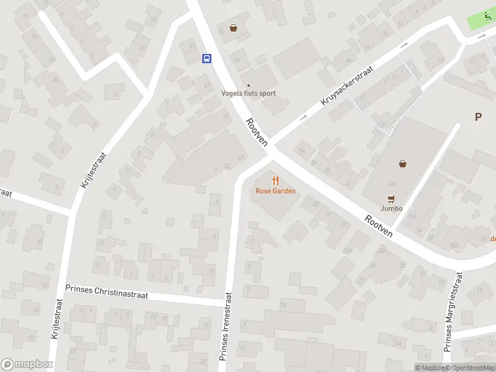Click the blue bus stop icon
tap(206, 58)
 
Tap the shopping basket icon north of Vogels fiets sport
tap(234, 27)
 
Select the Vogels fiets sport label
tap(249, 94)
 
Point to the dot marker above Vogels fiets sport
tap(249, 86)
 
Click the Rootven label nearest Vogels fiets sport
tap(257, 132)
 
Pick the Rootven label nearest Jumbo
tap(379, 226)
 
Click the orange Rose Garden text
tap(275, 191)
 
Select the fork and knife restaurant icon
tap(276, 180)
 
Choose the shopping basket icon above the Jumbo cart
tap(403, 164)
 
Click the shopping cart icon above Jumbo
tap(391, 199)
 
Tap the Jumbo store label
tap(391, 208)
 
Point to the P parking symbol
tap(478, 117)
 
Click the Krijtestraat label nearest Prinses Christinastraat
tap(55, 318)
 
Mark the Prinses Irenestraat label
tap(226, 327)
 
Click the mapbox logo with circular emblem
tap(26, 365)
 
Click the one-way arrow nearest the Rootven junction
tap(304, 117)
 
